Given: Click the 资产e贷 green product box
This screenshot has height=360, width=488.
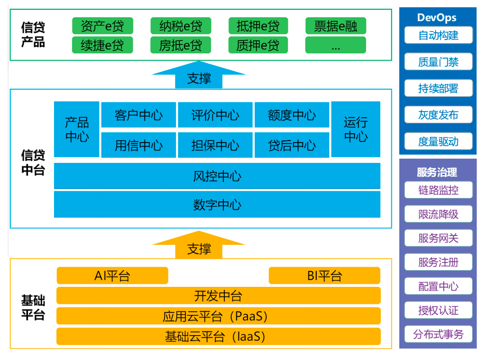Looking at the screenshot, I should tap(102, 26).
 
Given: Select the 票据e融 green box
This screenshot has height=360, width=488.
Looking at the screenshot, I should tap(335, 26).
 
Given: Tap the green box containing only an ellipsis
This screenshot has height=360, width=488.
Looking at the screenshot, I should tap(335, 46).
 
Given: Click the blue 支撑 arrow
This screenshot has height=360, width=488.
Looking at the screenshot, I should tap(198, 76).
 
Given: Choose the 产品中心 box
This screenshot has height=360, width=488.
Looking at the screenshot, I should tap(77, 130).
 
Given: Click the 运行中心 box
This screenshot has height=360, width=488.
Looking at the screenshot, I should tap(356, 130).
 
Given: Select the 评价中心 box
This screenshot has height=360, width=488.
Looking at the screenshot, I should tap(215, 115).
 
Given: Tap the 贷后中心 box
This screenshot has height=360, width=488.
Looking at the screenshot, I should tap(292, 145).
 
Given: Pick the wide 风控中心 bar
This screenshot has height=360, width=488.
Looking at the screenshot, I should tap(217, 176).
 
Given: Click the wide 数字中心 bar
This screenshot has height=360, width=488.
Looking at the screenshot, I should tap(217, 204).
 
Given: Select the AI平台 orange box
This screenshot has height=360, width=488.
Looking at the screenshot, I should tap(112, 275).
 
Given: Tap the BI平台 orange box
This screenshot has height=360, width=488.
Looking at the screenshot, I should tap(324, 275).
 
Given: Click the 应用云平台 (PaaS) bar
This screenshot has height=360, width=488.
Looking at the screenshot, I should tap(218, 316).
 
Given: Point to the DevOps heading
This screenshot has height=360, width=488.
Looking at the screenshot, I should tap(438, 18).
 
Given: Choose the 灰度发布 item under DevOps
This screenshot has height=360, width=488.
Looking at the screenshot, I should tap(438, 115).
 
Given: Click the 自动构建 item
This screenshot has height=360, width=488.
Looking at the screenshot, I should tap(438, 35).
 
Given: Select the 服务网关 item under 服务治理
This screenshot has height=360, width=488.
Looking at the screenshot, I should tap(438, 238).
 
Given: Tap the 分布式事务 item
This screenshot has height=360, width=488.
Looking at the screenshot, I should tap(438, 334).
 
